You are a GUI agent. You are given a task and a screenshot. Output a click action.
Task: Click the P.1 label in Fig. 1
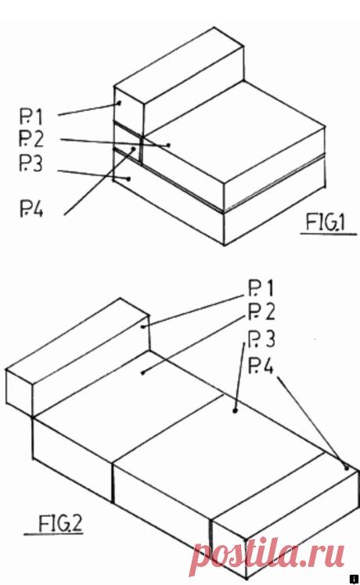tap(31, 117)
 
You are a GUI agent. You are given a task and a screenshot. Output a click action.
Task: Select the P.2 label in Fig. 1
tap(31, 138)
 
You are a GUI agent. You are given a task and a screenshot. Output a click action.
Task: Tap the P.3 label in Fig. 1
tap(31, 163)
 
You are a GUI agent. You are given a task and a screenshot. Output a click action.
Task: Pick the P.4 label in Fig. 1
tap(31, 209)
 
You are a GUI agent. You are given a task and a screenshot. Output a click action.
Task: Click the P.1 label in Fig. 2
tap(261, 289)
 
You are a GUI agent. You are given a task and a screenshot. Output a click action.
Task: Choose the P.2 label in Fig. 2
tap(261, 312)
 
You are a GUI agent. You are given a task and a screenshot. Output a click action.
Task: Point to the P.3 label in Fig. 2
tap(261, 339)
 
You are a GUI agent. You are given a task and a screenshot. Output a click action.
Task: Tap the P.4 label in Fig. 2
tap(261, 365)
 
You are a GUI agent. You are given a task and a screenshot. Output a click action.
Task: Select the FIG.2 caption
tap(60, 523)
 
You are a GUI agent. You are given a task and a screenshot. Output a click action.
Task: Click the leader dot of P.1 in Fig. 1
tap(120, 103)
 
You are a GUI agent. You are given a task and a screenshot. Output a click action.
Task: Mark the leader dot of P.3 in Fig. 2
tap(236, 411)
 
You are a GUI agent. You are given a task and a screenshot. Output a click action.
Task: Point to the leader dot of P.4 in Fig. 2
tap(347, 468)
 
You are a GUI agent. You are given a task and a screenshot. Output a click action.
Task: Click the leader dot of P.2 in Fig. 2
tap(142, 372)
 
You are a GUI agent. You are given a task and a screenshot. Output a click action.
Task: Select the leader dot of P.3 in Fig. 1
tap(128, 179)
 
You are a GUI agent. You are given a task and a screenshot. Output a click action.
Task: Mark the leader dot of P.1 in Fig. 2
tap(142, 327)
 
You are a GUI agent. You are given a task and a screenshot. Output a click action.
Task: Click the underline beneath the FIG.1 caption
tap(329, 235)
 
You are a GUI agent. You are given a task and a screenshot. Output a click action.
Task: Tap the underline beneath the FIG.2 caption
tap(53, 535)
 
